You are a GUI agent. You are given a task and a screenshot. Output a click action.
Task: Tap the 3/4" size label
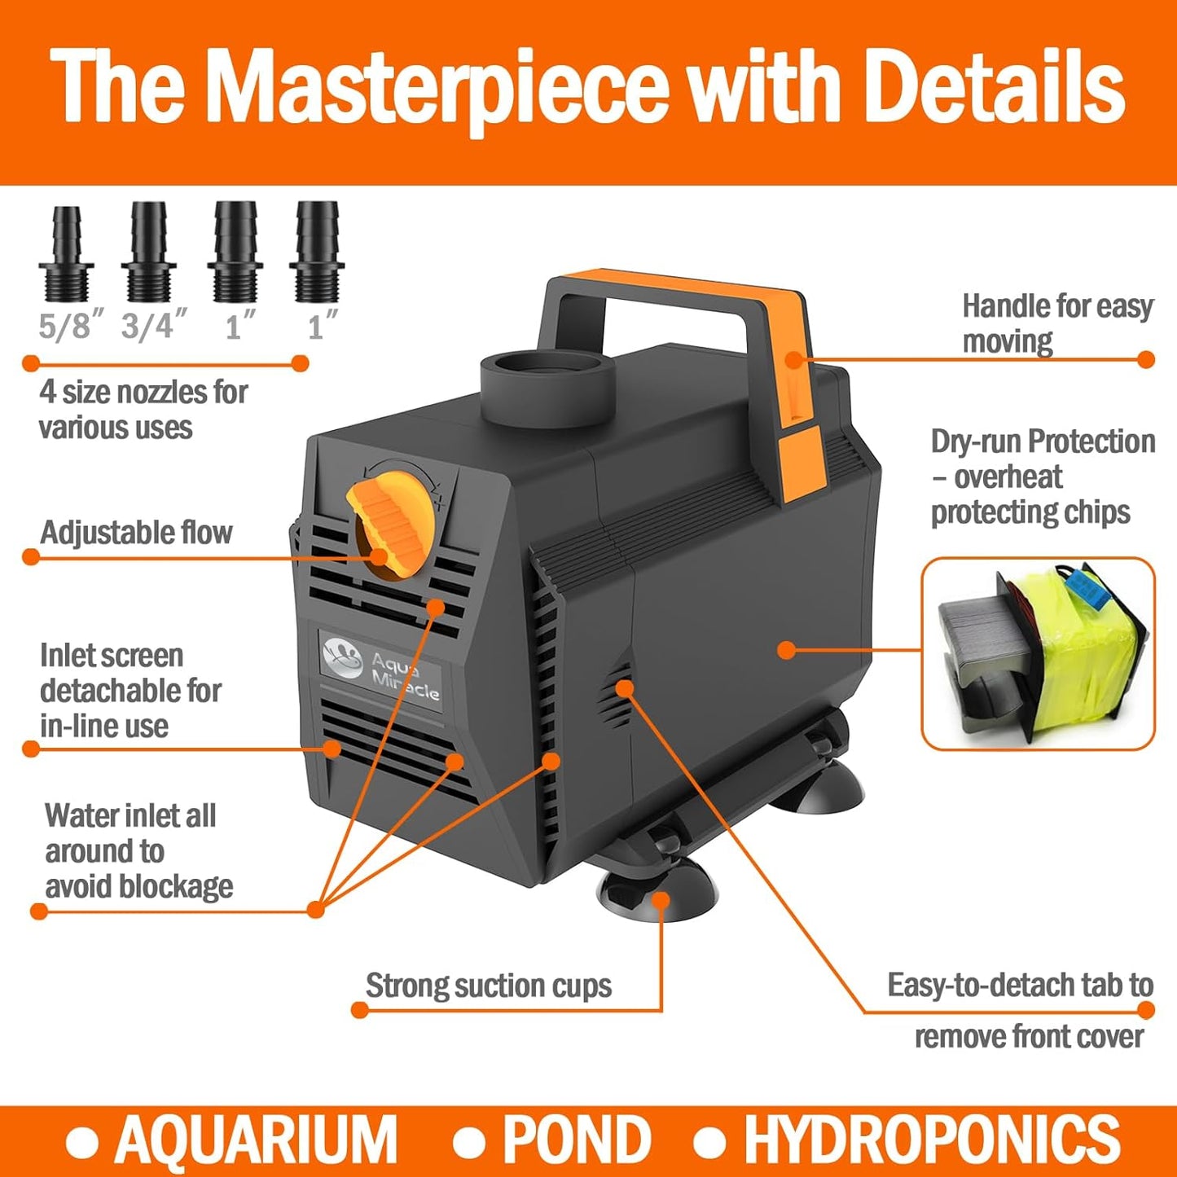[154, 327]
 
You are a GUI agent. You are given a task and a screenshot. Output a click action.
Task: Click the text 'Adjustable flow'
[136, 533]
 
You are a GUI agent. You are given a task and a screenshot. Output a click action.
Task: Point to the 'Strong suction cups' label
[488, 986]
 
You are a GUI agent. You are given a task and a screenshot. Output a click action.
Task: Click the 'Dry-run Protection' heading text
[1043, 441]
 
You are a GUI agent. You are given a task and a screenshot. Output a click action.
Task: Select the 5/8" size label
[71, 327]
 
